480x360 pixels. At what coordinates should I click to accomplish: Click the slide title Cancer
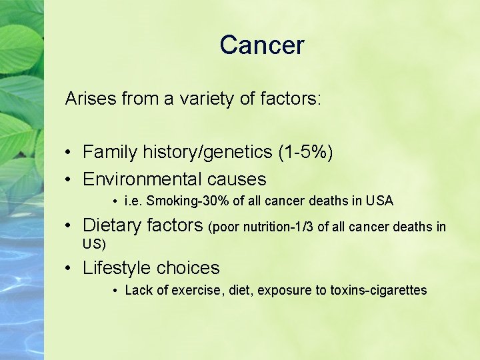pyautogui.click(x=261, y=45)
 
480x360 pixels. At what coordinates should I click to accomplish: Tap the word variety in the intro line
pyautogui.click(x=203, y=99)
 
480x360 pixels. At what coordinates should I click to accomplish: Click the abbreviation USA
pyautogui.click(x=380, y=201)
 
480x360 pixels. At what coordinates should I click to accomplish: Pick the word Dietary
pyautogui.click(x=109, y=226)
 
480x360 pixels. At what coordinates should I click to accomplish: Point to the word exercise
pyautogui.click(x=197, y=290)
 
